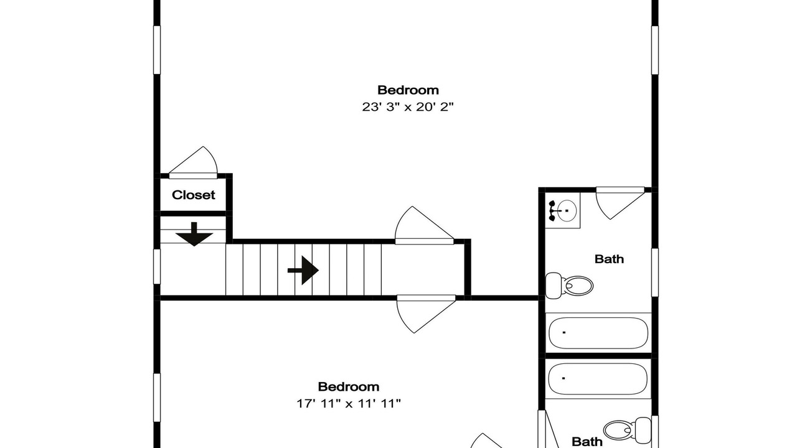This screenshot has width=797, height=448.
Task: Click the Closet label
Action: point(193,195)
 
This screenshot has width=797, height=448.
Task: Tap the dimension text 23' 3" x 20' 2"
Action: point(408,106)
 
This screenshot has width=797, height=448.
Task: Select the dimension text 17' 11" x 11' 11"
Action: point(349,404)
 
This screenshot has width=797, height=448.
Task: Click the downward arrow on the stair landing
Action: point(194,235)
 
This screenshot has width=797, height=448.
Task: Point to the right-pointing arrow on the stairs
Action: point(303,270)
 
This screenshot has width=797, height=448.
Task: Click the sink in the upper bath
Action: point(563,211)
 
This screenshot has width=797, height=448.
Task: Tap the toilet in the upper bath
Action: point(569,286)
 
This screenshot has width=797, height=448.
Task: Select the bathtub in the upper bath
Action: point(598,333)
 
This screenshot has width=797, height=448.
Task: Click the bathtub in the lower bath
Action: point(598,379)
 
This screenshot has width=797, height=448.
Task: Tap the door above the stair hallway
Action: point(424,225)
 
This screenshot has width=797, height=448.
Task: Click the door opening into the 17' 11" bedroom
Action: point(426,314)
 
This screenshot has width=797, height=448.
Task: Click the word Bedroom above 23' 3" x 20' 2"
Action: point(408,90)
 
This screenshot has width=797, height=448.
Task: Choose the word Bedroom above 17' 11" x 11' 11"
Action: point(348,387)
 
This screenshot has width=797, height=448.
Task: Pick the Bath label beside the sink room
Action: point(609,259)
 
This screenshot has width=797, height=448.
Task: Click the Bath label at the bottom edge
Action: point(587,442)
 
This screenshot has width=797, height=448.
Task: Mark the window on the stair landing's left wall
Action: point(157,267)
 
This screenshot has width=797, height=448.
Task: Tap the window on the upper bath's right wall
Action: point(654,273)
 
